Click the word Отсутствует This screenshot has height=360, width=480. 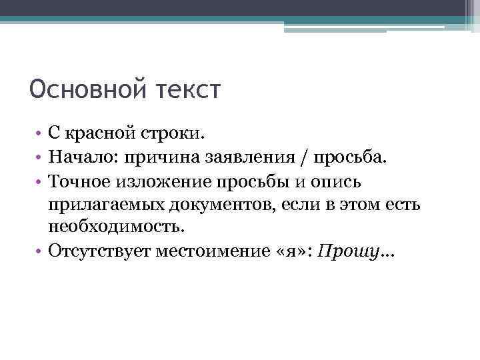click(99, 250)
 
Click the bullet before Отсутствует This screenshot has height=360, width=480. click(40, 250)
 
